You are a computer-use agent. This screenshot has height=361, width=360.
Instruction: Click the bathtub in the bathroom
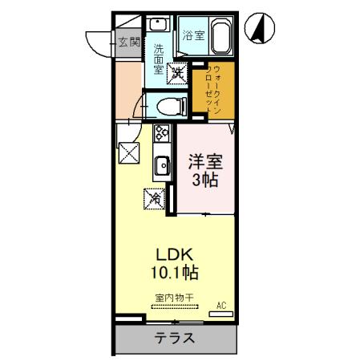point(220,36)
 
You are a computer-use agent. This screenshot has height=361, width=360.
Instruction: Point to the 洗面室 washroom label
point(159,58)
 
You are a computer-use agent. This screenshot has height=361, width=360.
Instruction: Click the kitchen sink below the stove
point(161,166)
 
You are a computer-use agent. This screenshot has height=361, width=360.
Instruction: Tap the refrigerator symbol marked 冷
point(152,195)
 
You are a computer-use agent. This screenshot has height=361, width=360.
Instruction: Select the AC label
point(220,305)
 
